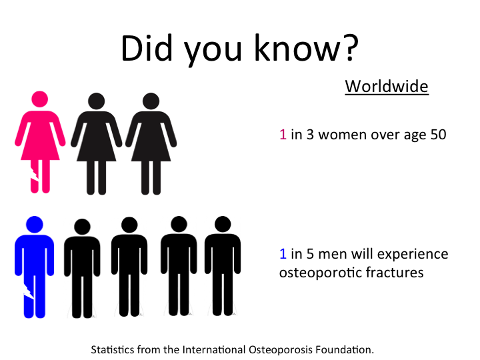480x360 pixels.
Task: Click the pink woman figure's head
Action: pos(40,99)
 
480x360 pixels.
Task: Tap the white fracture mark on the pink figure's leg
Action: pos(35,173)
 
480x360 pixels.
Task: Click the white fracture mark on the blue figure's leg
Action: pos(29,291)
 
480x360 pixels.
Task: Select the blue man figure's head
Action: pos(35,225)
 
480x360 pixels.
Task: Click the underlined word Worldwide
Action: pos(387,86)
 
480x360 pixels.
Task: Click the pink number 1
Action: pos(283,135)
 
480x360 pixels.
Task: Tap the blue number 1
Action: pos(283,254)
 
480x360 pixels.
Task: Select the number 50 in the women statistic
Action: pos(439,135)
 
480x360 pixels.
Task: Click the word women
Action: pos(343,135)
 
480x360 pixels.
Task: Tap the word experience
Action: pos(413,255)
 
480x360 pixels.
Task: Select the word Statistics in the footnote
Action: pos(113,349)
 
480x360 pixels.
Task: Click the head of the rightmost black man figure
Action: pos(223,224)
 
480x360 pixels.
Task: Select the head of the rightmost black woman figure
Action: pos(151,101)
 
